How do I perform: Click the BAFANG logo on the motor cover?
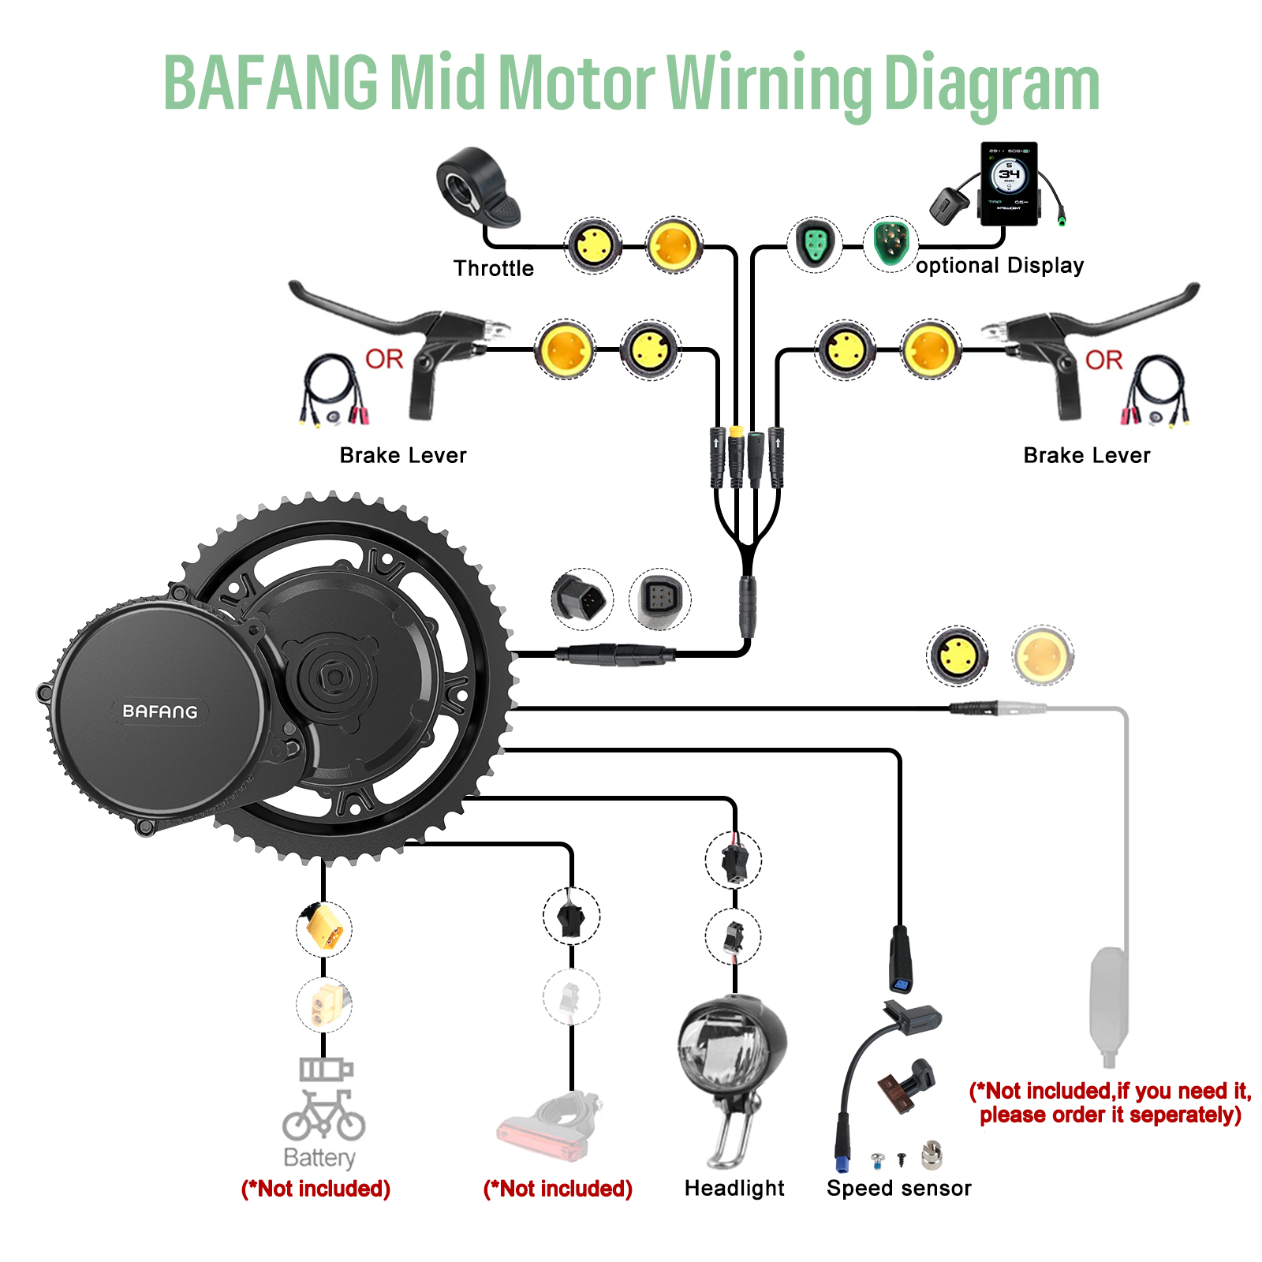[x=160, y=711]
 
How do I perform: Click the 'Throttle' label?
[x=494, y=268]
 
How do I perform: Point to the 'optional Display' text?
[x=999, y=266]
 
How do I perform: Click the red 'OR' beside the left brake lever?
[x=384, y=360]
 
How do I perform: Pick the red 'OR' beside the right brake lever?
[x=1103, y=360]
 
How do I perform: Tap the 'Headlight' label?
[x=734, y=1188]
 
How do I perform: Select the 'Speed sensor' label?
[x=898, y=1188]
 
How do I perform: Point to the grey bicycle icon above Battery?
[x=323, y=1115]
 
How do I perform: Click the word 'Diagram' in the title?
[x=991, y=84]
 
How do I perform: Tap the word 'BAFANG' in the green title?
[x=271, y=83]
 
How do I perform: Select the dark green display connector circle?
[x=890, y=244]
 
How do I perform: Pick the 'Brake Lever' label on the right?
[x=1086, y=455]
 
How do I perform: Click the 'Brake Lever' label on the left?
[x=403, y=455]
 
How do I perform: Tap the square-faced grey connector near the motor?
[x=659, y=599]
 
